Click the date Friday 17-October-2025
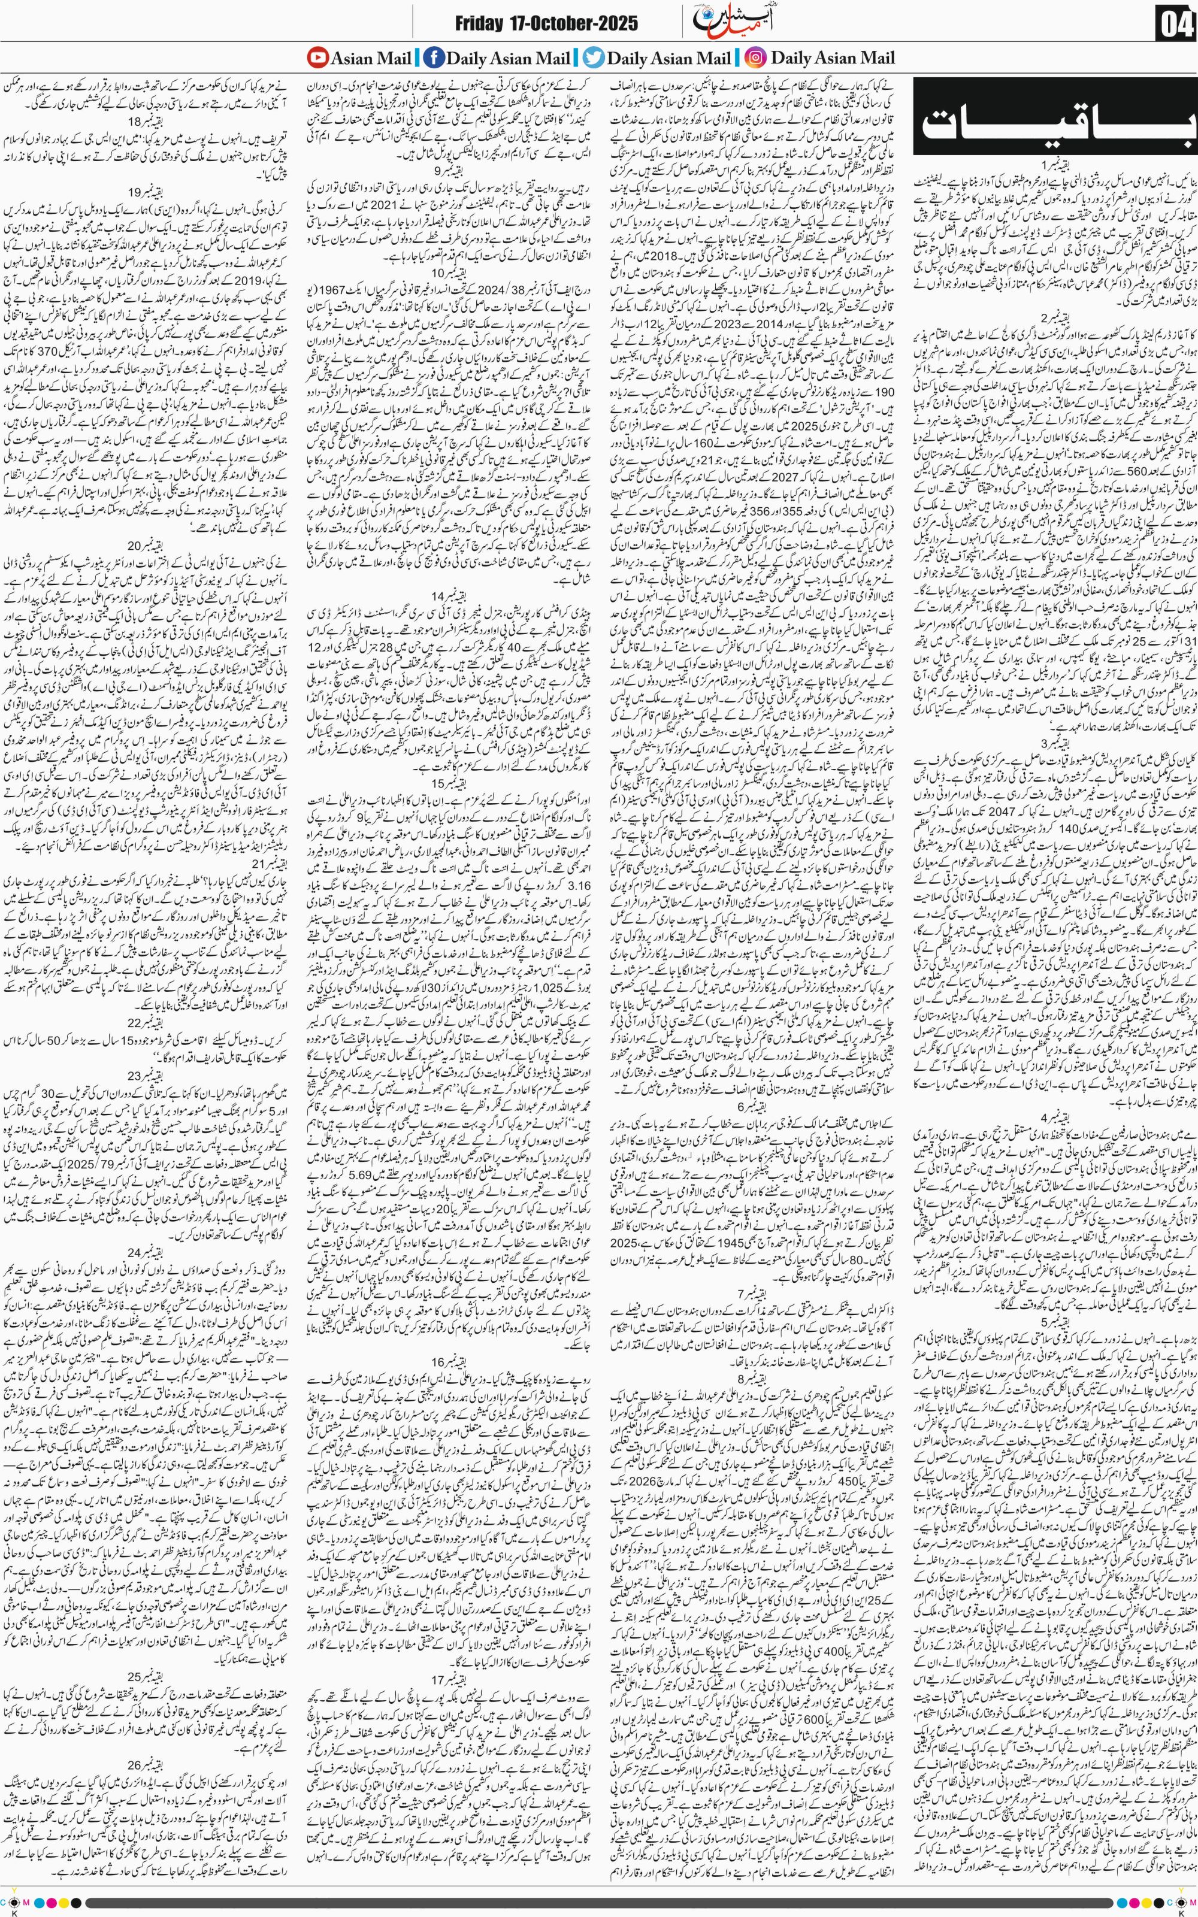coord(546,25)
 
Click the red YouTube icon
coord(317,58)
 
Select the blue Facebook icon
coord(434,58)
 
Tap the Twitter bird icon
coord(594,58)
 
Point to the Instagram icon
coord(756,58)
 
